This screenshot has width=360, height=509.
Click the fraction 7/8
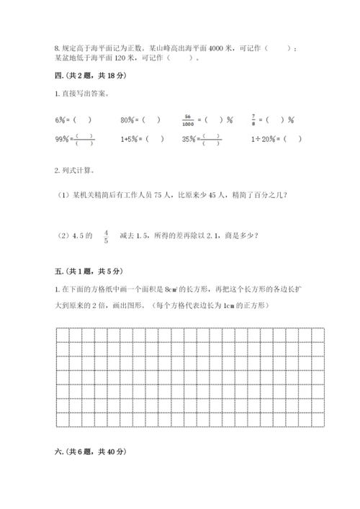point(253,120)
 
